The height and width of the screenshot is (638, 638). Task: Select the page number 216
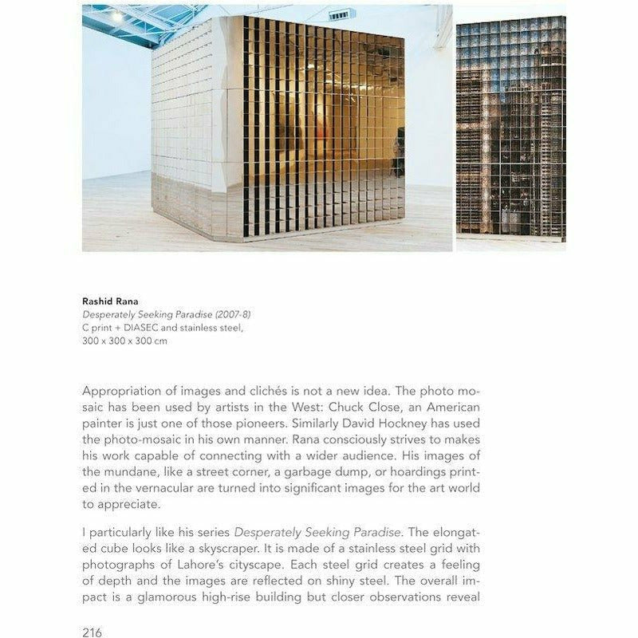(92, 632)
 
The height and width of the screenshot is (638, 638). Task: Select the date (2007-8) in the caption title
(230, 315)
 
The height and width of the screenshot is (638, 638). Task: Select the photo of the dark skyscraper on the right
(510, 128)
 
